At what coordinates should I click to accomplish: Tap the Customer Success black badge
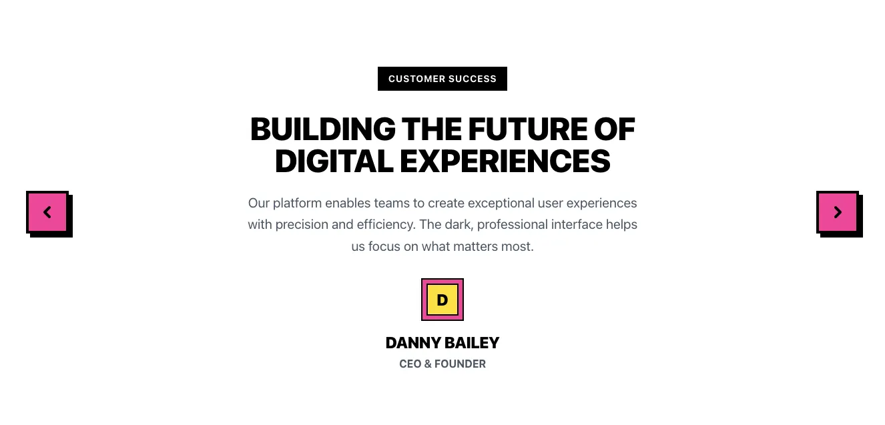[442, 79]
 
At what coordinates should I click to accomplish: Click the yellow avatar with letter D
[442, 300]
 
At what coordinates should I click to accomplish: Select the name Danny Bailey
[442, 343]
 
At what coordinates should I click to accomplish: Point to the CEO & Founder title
[442, 364]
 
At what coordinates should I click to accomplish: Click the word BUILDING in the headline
[323, 129]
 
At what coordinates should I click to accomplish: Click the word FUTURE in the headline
[528, 129]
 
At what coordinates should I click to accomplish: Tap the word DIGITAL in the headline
[334, 161]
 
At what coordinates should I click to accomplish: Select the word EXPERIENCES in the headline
[505, 161]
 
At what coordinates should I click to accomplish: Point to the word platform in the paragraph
[297, 203]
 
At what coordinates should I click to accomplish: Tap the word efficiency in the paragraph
[386, 225]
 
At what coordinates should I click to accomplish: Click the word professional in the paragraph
[512, 225]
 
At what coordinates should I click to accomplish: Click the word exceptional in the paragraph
[501, 203]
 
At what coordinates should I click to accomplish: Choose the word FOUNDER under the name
[460, 364]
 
